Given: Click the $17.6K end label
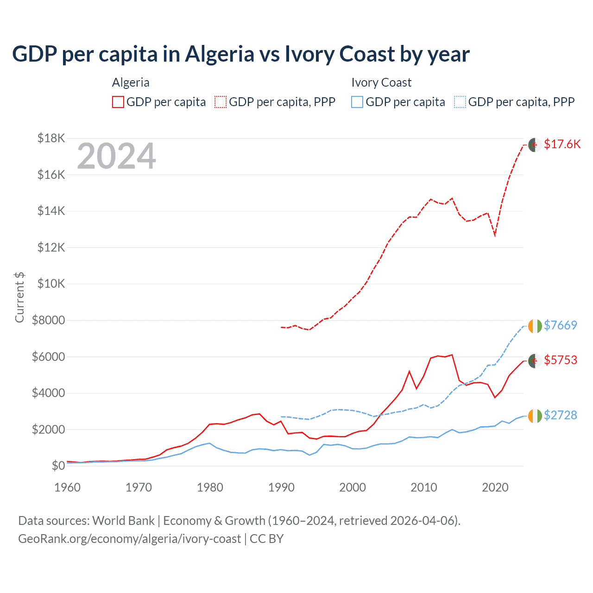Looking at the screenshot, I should point(562,144).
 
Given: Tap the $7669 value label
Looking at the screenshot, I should point(560,325).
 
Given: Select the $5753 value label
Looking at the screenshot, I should point(560,360).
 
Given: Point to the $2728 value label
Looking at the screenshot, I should point(560,415).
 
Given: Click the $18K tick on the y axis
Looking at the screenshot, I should point(51,138).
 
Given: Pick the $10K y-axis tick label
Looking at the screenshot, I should point(51,284).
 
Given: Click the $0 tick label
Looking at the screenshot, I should point(58,466).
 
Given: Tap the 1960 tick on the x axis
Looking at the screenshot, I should point(68,487).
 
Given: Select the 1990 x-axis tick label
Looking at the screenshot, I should point(281,487).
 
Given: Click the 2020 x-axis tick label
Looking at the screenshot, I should point(495,487).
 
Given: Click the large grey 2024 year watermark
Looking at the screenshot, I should point(116,157).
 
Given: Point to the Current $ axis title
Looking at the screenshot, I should point(19,297).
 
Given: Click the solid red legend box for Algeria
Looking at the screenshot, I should point(118,102).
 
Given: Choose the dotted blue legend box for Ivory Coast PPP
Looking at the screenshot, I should point(460,102).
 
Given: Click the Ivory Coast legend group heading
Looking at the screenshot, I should point(381,82).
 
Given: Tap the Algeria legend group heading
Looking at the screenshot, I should point(131,82).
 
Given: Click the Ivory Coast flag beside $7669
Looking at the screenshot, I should point(535,326).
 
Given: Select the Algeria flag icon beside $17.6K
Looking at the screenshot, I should point(535,145).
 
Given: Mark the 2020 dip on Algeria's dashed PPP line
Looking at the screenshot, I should point(495,235).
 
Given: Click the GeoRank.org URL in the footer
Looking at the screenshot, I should point(129,539).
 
